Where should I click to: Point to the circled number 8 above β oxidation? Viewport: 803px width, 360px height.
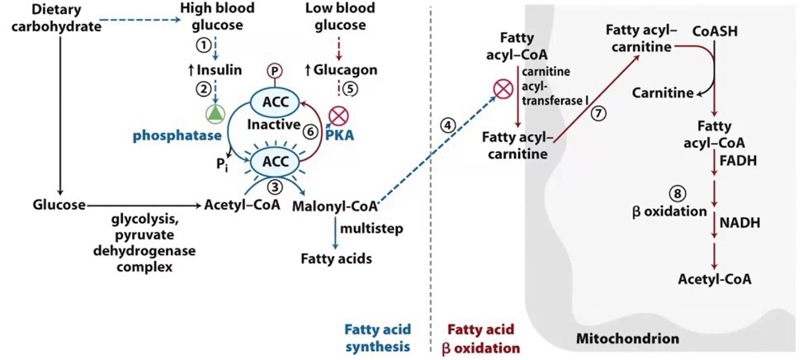pyautogui.click(x=676, y=193)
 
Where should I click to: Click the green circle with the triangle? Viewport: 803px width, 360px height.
pyautogui.click(x=215, y=113)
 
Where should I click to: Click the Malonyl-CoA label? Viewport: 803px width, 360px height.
pyautogui.click(x=334, y=206)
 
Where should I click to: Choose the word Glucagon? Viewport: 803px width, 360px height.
pyautogui.click(x=345, y=69)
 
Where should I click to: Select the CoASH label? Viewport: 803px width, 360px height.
pyautogui.click(x=716, y=32)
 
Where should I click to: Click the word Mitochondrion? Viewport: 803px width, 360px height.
pyautogui.click(x=627, y=339)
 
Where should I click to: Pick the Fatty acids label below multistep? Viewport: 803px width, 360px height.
pyautogui.click(x=335, y=258)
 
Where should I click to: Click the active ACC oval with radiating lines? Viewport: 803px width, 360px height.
pyautogui.click(x=274, y=162)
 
